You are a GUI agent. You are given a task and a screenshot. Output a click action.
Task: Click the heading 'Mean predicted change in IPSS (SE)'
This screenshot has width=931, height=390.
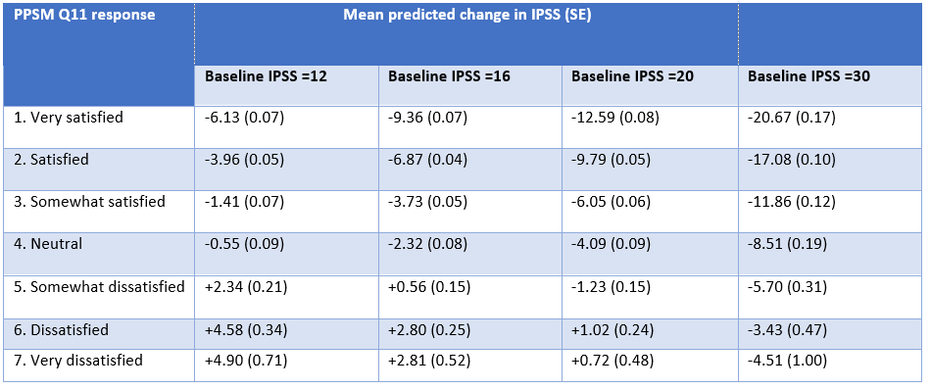[x=465, y=15]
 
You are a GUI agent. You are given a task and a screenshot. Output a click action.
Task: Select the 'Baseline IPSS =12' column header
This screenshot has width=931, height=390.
[x=266, y=76]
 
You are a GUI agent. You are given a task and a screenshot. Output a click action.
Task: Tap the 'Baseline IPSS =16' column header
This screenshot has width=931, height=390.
[x=450, y=76]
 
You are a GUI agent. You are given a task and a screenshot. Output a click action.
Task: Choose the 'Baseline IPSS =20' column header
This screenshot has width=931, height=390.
[x=632, y=76]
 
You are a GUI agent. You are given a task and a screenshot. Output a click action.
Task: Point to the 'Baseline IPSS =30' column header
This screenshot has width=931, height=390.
[x=808, y=76]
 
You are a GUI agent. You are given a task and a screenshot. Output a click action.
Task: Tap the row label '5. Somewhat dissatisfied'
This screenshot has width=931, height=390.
[x=99, y=286]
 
